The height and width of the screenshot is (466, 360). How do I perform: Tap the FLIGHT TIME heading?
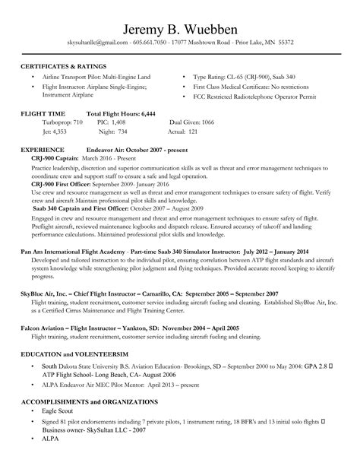(x=43, y=113)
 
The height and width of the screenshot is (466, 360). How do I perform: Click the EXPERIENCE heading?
(x=42, y=151)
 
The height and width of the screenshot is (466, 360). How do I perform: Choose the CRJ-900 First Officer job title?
(x=67, y=185)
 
